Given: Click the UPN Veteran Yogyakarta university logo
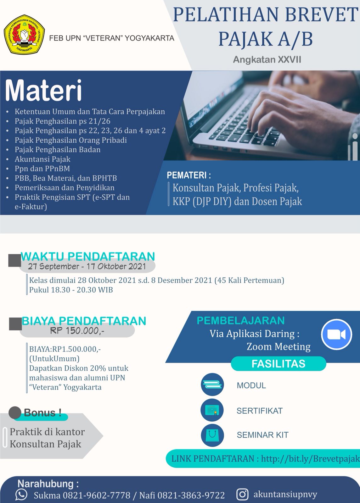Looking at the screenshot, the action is [24, 34].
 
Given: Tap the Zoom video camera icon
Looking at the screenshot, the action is [336, 334].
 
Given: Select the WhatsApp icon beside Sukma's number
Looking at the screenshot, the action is [21, 495].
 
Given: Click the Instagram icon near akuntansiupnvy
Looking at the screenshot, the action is [242, 494].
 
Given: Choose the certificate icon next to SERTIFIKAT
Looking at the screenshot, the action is [212, 410].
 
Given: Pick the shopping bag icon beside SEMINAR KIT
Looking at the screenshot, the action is [212, 435].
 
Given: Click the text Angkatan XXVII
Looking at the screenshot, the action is [267, 59].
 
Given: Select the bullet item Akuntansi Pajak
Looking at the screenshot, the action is [42, 159].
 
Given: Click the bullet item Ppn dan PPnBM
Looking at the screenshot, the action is [42, 169].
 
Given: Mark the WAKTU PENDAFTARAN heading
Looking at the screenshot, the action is [88, 256].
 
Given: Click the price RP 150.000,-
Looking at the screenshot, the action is [77, 330].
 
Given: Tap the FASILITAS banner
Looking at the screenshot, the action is [278, 363].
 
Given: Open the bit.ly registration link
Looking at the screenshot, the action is [310, 459].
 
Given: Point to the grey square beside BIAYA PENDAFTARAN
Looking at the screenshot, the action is [15, 324].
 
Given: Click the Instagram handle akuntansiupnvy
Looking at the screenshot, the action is [285, 494].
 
